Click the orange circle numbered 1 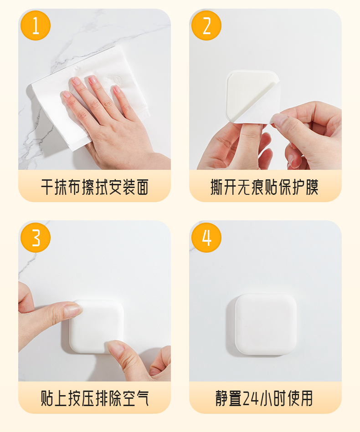(36, 25)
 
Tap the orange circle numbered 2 (206, 25)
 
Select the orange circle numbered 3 (36, 238)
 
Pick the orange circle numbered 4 (206, 238)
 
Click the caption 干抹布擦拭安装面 (95, 187)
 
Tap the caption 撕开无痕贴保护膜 (265, 187)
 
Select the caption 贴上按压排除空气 (95, 398)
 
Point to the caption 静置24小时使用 (264, 398)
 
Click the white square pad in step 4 (266, 324)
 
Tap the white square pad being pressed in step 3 (97, 327)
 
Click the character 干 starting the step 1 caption (47, 187)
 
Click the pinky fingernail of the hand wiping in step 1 (66, 95)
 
